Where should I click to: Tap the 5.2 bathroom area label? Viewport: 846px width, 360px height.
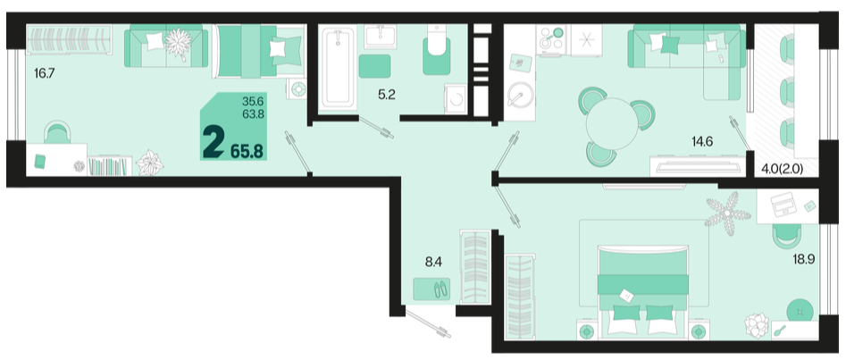tap(387, 95)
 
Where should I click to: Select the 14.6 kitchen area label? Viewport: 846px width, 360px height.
tap(702, 142)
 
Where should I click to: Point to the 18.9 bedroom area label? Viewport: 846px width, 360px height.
tap(803, 259)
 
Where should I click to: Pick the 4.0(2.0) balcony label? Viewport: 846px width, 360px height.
tap(783, 169)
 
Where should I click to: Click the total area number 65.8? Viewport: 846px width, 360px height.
tap(247, 152)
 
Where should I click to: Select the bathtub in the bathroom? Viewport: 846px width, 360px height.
tap(338, 66)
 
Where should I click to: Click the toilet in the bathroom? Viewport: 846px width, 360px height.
tap(437, 51)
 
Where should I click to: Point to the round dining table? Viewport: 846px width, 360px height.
tap(612, 123)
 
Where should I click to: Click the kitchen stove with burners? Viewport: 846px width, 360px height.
tap(550, 39)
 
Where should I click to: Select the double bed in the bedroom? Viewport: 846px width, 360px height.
tap(643, 289)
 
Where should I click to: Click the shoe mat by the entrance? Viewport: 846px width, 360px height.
tap(431, 289)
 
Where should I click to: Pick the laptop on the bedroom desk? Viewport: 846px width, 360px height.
tap(783, 205)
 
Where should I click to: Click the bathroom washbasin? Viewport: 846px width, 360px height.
tap(381, 37)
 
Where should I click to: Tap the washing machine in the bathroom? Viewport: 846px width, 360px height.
tap(456, 99)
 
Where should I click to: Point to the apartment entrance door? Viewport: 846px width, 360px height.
tap(429, 322)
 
